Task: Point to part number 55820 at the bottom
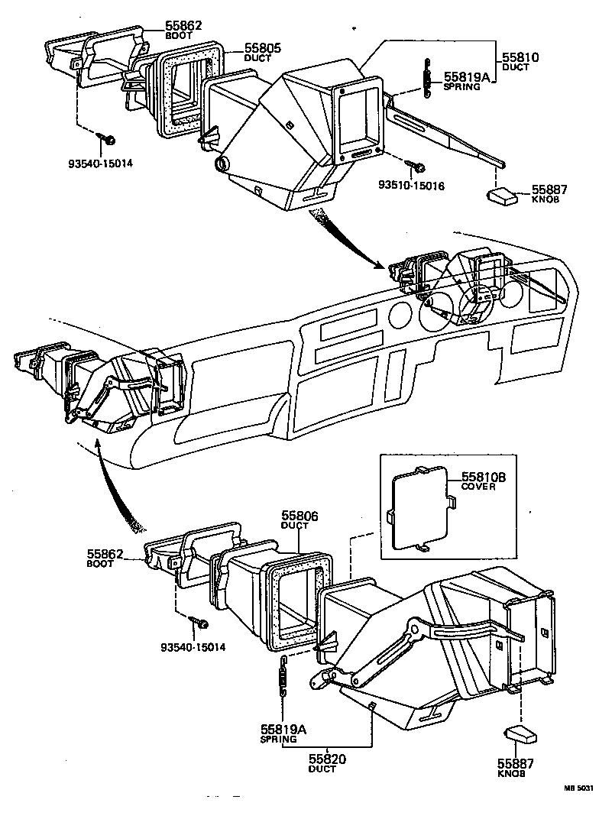coord(328,759)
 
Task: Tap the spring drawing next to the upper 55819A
coord(426,79)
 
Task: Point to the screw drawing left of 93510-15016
coord(418,164)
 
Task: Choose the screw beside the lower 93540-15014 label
coord(202,623)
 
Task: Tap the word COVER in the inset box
coord(478,487)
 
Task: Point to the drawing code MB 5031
coord(578,788)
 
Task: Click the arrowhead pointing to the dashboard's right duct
coord(381,266)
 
